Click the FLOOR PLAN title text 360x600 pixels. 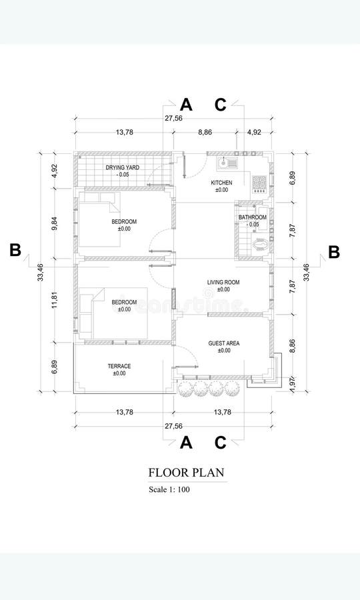(186, 473)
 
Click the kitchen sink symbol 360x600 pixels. (228, 162)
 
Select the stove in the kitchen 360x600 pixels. (258, 181)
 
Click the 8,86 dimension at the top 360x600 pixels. (205, 133)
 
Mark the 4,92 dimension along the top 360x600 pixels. (254, 133)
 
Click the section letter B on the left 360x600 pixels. (15, 251)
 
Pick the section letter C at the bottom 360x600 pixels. (220, 442)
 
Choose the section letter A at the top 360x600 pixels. (186, 105)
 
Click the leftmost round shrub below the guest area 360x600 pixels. (186, 389)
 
